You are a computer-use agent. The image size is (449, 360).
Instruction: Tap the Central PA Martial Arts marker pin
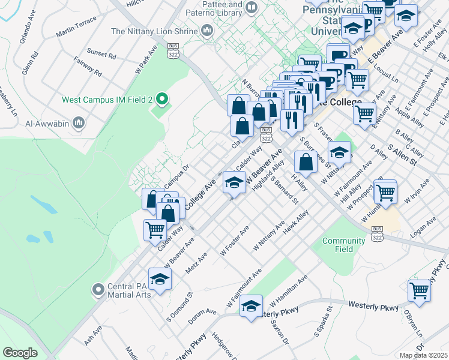pyautogui.click(x=98, y=290)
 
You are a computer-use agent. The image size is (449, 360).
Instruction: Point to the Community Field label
pyautogui.click(x=343, y=245)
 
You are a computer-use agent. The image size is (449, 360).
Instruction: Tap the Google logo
pyautogui.click(x=20, y=353)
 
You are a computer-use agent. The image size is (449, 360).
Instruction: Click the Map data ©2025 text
pyautogui.click(x=424, y=355)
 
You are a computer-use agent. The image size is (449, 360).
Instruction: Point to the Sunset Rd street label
pyautogui.click(x=101, y=55)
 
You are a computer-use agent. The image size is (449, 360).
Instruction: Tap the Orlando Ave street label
pyautogui.click(x=28, y=34)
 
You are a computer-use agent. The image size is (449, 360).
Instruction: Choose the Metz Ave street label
pyautogui.click(x=196, y=263)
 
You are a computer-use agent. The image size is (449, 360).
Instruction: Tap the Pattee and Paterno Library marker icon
pyautogui.click(x=251, y=8)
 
